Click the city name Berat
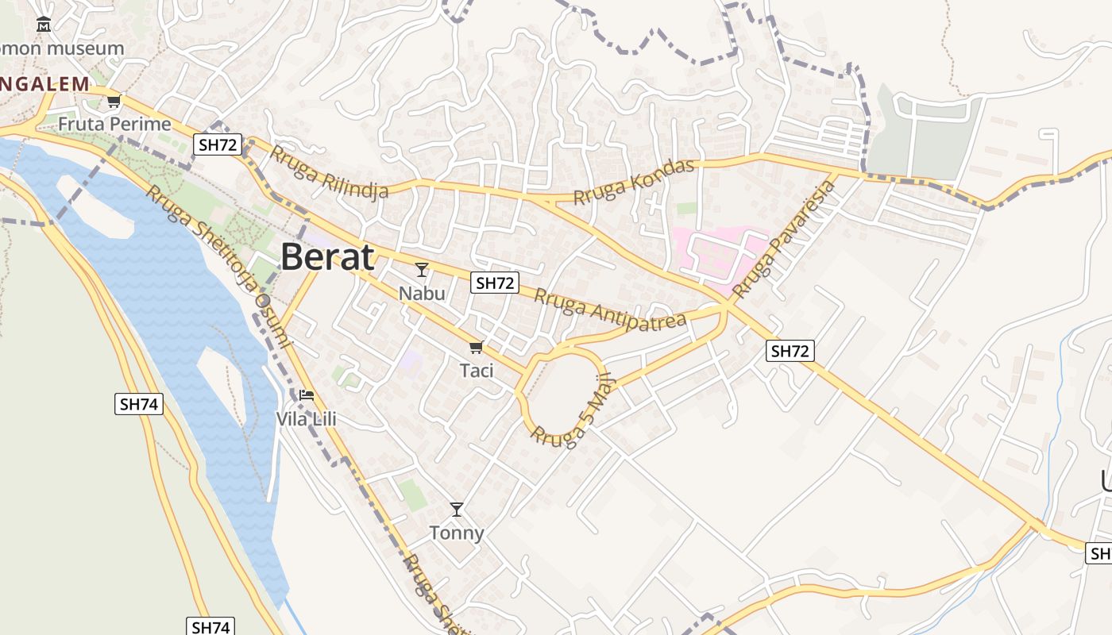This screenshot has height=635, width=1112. pyautogui.click(x=327, y=257)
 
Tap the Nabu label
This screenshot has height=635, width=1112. pyautogui.click(x=422, y=294)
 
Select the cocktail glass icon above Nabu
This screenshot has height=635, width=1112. pyautogui.click(x=422, y=270)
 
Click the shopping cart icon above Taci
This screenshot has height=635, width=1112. pyautogui.click(x=477, y=347)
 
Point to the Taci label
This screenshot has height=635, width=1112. pyautogui.click(x=477, y=371)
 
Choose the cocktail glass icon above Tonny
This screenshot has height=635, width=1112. pyautogui.click(x=456, y=509)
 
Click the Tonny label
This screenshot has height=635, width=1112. pyautogui.click(x=457, y=533)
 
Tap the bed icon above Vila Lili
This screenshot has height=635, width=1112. pyautogui.click(x=307, y=394)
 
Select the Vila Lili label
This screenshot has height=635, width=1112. pyautogui.click(x=306, y=418)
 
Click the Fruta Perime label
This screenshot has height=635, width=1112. pyautogui.click(x=114, y=125)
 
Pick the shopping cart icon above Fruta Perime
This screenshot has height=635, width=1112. pyautogui.click(x=114, y=101)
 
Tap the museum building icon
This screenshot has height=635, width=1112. pyautogui.click(x=44, y=25)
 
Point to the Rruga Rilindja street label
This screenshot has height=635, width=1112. pyautogui.click(x=329, y=171)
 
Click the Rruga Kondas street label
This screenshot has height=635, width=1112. pyautogui.click(x=634, y=182)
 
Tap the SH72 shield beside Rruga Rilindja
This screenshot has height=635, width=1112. pyautogui.click(x=218, y=144)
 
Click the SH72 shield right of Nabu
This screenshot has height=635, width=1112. pyautogui.click(x=494, y=282)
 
